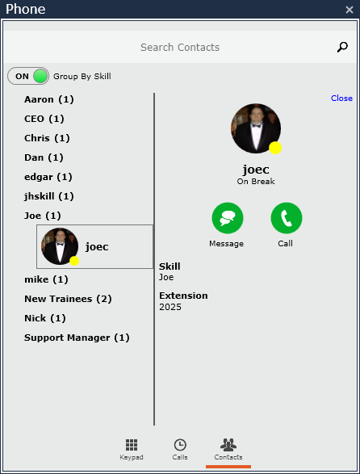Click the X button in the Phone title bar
pyautogui.click(x=350, y=10)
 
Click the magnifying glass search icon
pyautogui.click(x=342, y=47)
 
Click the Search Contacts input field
pyautogui.click(x=180, y=47)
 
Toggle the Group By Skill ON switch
pyautogui.click(x=28, y=76)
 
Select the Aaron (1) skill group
pyautogui.click(x=49, y=99)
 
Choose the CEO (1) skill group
pyautogui.click(x=44, y=119)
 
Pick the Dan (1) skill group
pyautogui.click(x=44, y=157)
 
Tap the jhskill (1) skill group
pyautogui.click(x=49, y=196)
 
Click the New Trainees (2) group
pyautogui.click(x=68, y=299)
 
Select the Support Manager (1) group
pyautogui.click(x=77, y=338)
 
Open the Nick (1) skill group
pyautogui.click(x=45, y=318)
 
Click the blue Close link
pyautogui.click(x=341, y=99)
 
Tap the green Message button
pyautogui.click(x=228, y=218)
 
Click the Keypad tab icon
pyautogui.click(x=132, y=445)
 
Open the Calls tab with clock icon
pyautogui.click(x=180, y=445)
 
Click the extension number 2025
pyautogui.click(x=170, y=307)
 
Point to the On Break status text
pyautogui.click(x=256, y=182)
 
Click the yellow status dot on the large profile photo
pyautogui.click(x=275, y=148)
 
